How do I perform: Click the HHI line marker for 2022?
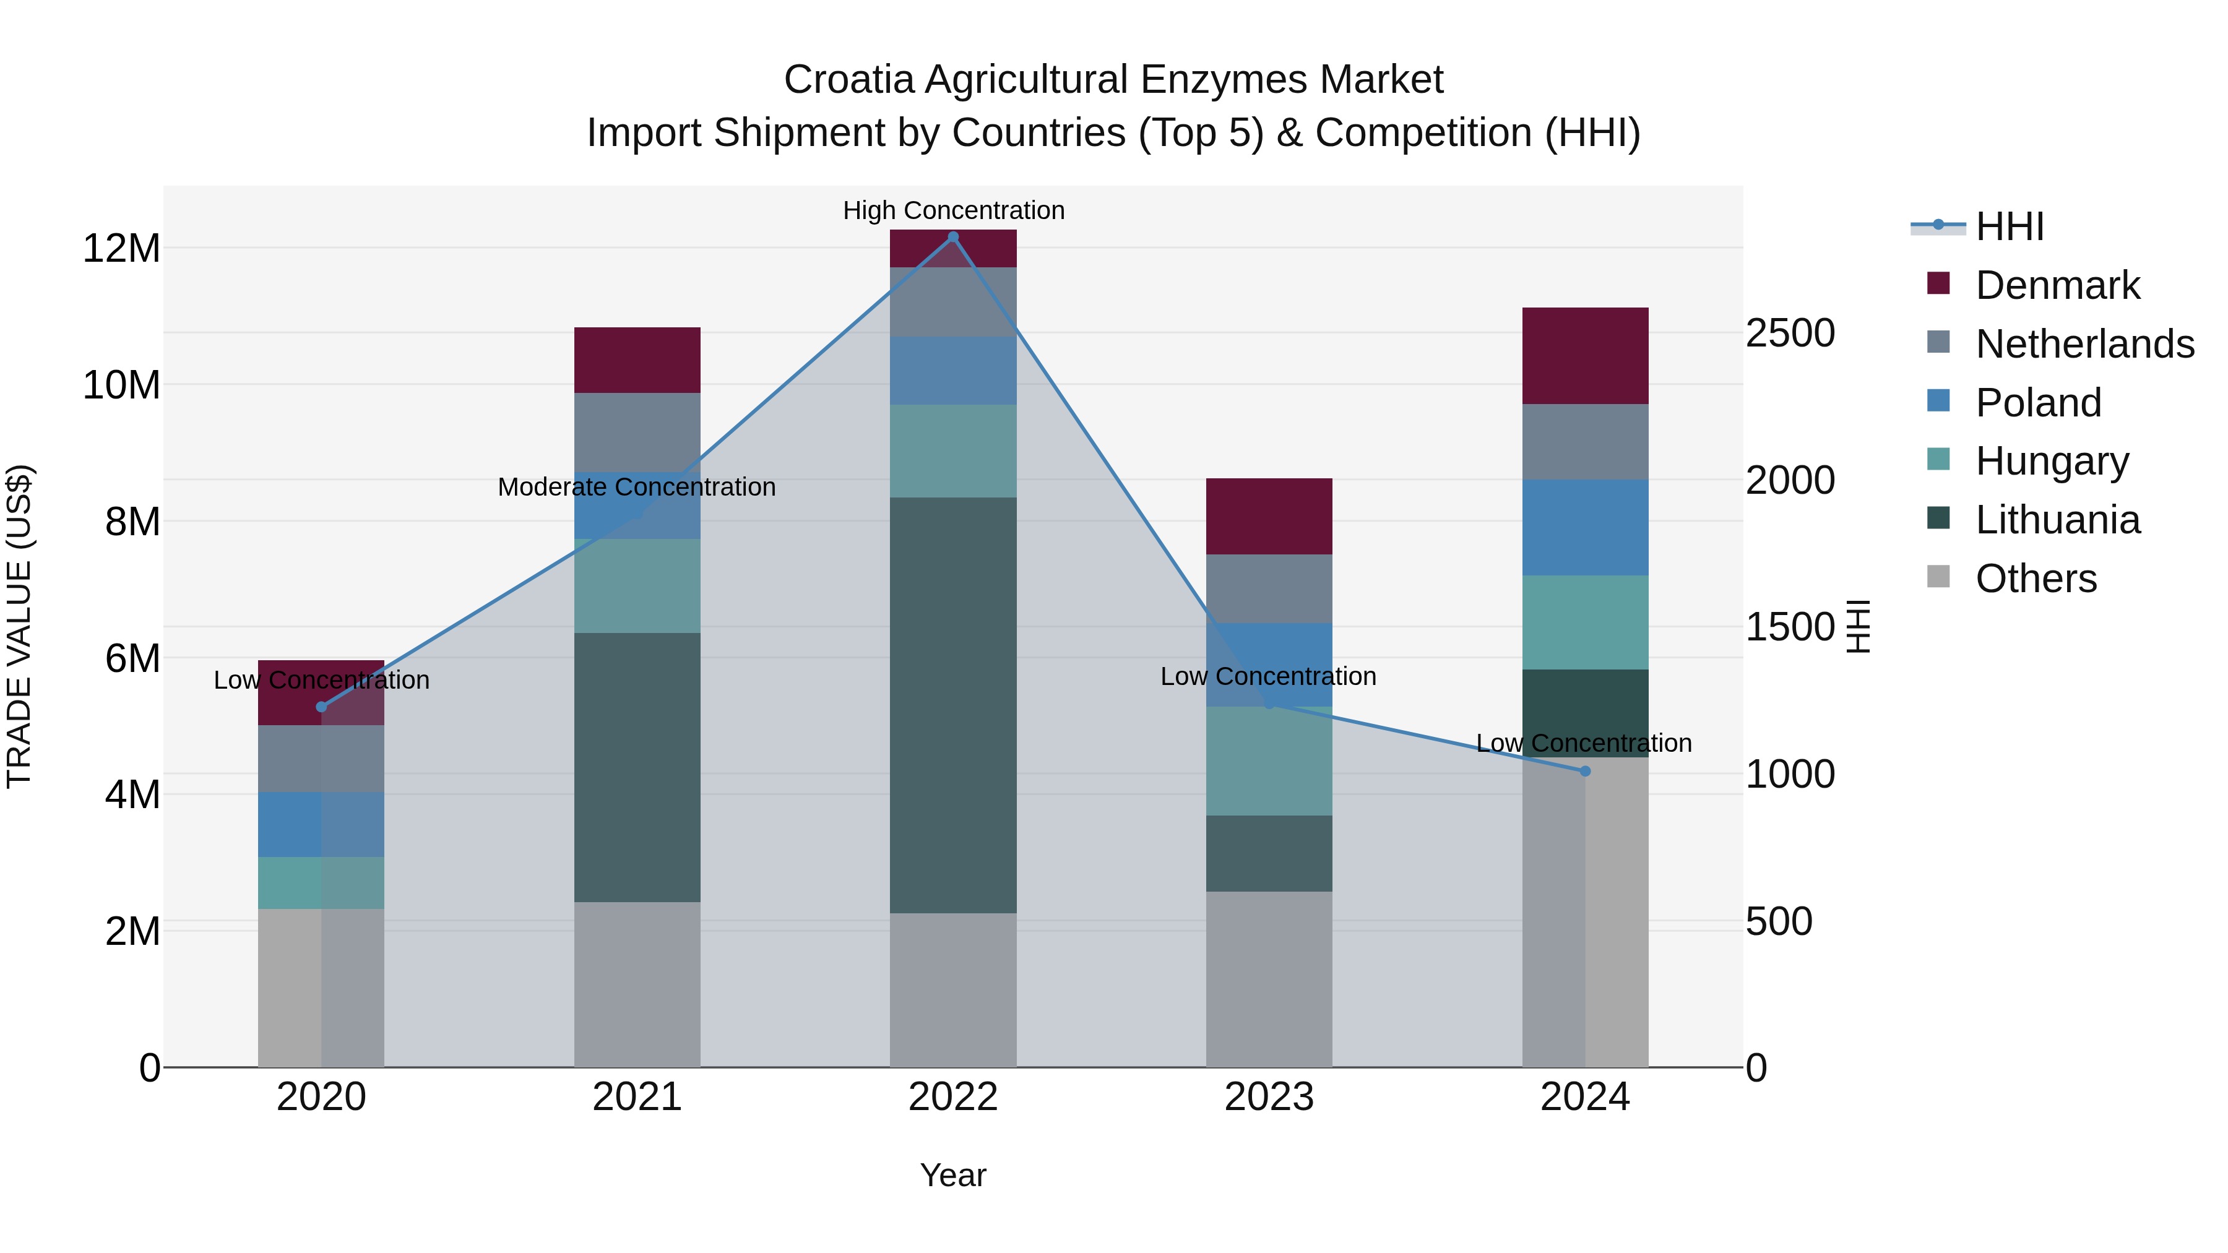coord(953,237)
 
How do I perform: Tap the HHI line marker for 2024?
coord(1584,770)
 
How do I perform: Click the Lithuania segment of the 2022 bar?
coord(953,705)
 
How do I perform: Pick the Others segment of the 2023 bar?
coord(1269,979)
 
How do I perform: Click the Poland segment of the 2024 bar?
coord(1584,527)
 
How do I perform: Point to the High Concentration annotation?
coord(953,210)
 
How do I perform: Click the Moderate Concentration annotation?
coord(637,487)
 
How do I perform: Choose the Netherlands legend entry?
coord(2084,344)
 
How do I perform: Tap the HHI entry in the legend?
coord(2009,226)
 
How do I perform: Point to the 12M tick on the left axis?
coord(121,248)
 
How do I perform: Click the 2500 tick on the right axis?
coord(1789,333)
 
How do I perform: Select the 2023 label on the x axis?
coord(1269,1097)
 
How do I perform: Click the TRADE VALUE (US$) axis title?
coord(19,626)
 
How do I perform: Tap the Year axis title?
coord(953,1175)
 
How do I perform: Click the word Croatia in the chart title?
coord(848,80)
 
